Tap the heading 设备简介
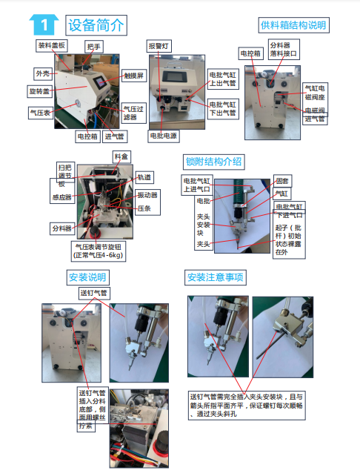click(95, 24)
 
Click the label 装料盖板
click(52, 44)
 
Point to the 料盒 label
click(120, 156)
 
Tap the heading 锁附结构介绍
click(213, 162)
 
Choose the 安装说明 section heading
click(87, 277)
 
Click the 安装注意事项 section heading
click(216, 277)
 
